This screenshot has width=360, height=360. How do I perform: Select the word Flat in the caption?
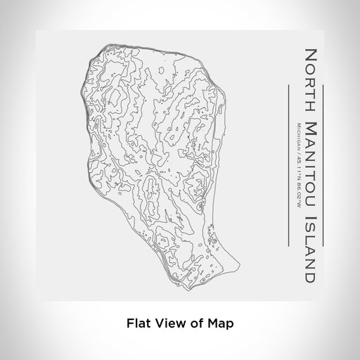(x=136, y=324)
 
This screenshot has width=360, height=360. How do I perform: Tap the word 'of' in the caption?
(x=193, y=324)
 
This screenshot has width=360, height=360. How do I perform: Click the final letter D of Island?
(x=309, y=259)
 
